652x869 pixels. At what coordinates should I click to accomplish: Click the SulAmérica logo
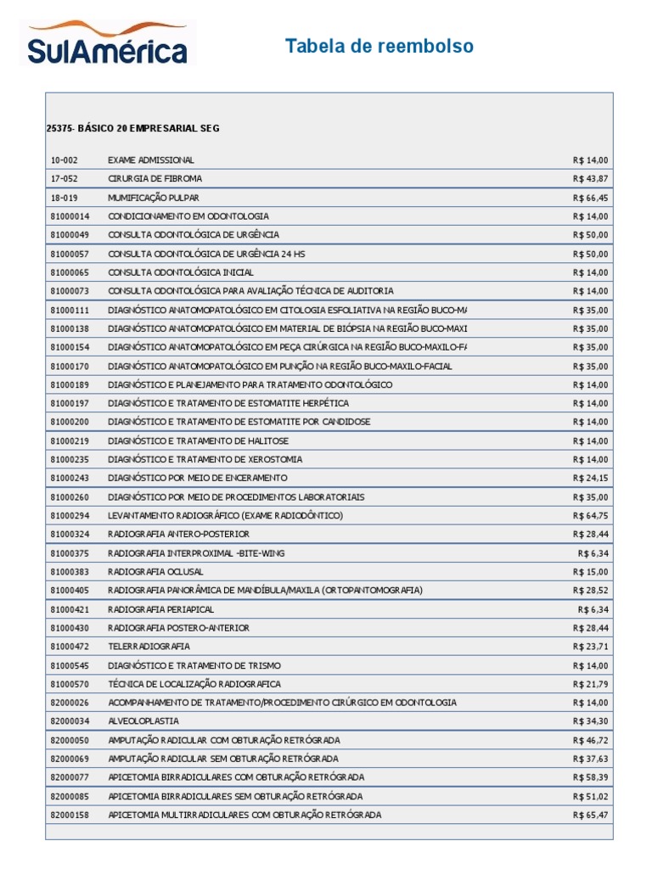point(108,45)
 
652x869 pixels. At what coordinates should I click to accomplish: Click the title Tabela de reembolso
point(379,46)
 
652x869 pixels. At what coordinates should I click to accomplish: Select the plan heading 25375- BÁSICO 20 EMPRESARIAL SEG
point(132,128)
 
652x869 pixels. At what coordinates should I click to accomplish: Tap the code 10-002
point(64,160)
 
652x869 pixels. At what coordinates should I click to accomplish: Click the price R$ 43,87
point(591,179)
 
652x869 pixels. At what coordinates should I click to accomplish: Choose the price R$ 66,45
point(591,198)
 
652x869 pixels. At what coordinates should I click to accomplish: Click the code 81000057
point(70,254)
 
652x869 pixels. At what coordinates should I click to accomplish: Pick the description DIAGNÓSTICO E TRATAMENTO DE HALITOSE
point(198,440)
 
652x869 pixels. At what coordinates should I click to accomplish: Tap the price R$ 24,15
point(591,478)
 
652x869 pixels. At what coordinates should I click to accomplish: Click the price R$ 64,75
point(591,515)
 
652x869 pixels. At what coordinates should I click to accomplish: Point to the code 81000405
point(70,590)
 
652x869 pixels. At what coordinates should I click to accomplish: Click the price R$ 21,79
point(591,683)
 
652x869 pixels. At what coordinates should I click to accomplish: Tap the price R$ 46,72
point(591,739)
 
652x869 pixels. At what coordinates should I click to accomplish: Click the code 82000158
point(70,815)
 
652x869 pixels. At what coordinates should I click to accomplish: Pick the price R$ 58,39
point(591,776)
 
